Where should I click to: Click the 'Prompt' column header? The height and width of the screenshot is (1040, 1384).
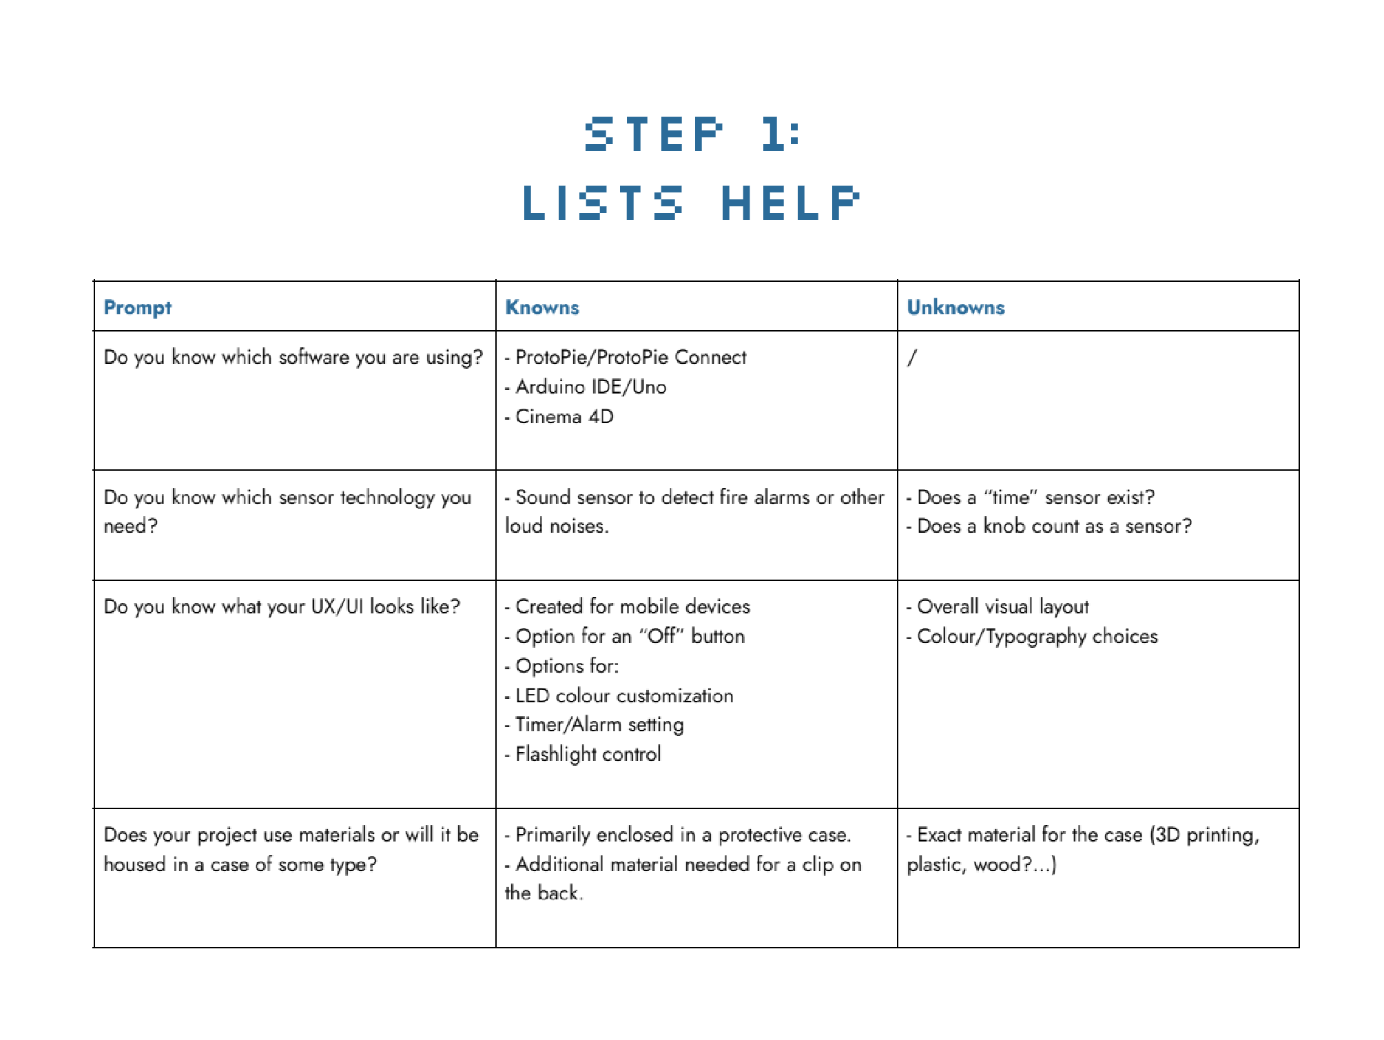tap(137, 307)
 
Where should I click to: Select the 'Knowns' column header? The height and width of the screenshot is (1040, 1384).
tap(542, 307)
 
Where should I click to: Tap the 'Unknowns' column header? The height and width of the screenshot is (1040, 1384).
tap(956, 307)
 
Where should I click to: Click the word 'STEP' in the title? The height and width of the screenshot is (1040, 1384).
tap(654, 134)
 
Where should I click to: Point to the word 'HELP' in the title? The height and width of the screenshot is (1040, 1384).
tap(790, 203)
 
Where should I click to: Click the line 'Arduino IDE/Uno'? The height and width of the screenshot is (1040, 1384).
tap(590, 387)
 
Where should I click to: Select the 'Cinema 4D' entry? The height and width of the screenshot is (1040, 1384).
tap(564, 417)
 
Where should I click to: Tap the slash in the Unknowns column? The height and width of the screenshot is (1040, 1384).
tap(912, 358)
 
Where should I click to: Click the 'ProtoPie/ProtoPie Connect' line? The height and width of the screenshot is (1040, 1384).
tap(630, 358)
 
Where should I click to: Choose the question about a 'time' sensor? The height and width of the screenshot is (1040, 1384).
tap(1035, 498)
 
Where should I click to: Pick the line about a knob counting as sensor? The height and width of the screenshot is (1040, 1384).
tap(1053, 527)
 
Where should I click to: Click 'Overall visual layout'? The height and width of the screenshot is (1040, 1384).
tap(1002, 607)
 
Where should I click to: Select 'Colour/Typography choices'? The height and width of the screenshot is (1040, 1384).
tap(1037, 637)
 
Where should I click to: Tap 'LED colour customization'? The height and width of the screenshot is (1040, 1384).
tap(623, 696)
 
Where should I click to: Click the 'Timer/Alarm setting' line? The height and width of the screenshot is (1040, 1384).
tap(599, 725)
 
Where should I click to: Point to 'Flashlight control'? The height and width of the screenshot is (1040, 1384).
tap(588, 755)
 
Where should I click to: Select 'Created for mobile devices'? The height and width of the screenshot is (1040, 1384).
tap(632, 607)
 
